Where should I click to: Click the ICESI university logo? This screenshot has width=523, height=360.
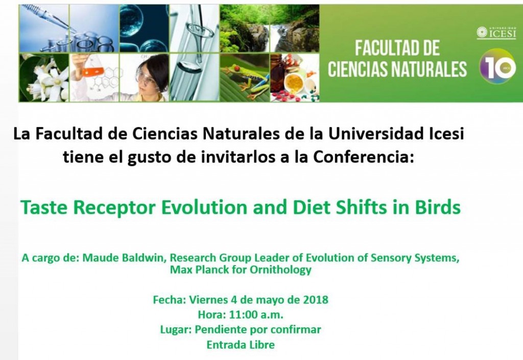(x=496, y=32)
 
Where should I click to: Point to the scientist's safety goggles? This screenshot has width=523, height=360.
(x=145, y=77)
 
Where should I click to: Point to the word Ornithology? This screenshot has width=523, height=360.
(x=279, y=270)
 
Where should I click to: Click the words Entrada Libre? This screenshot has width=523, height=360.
(x=241, y=345)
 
